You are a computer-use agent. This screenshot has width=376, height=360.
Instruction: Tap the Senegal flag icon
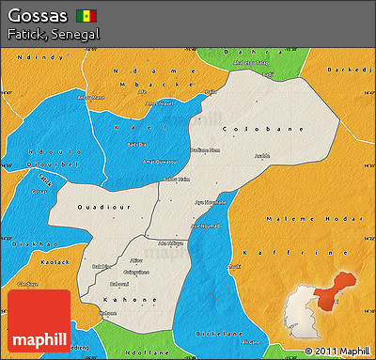point(86,17)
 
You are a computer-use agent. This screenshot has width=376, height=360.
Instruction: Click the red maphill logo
point(39,320)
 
